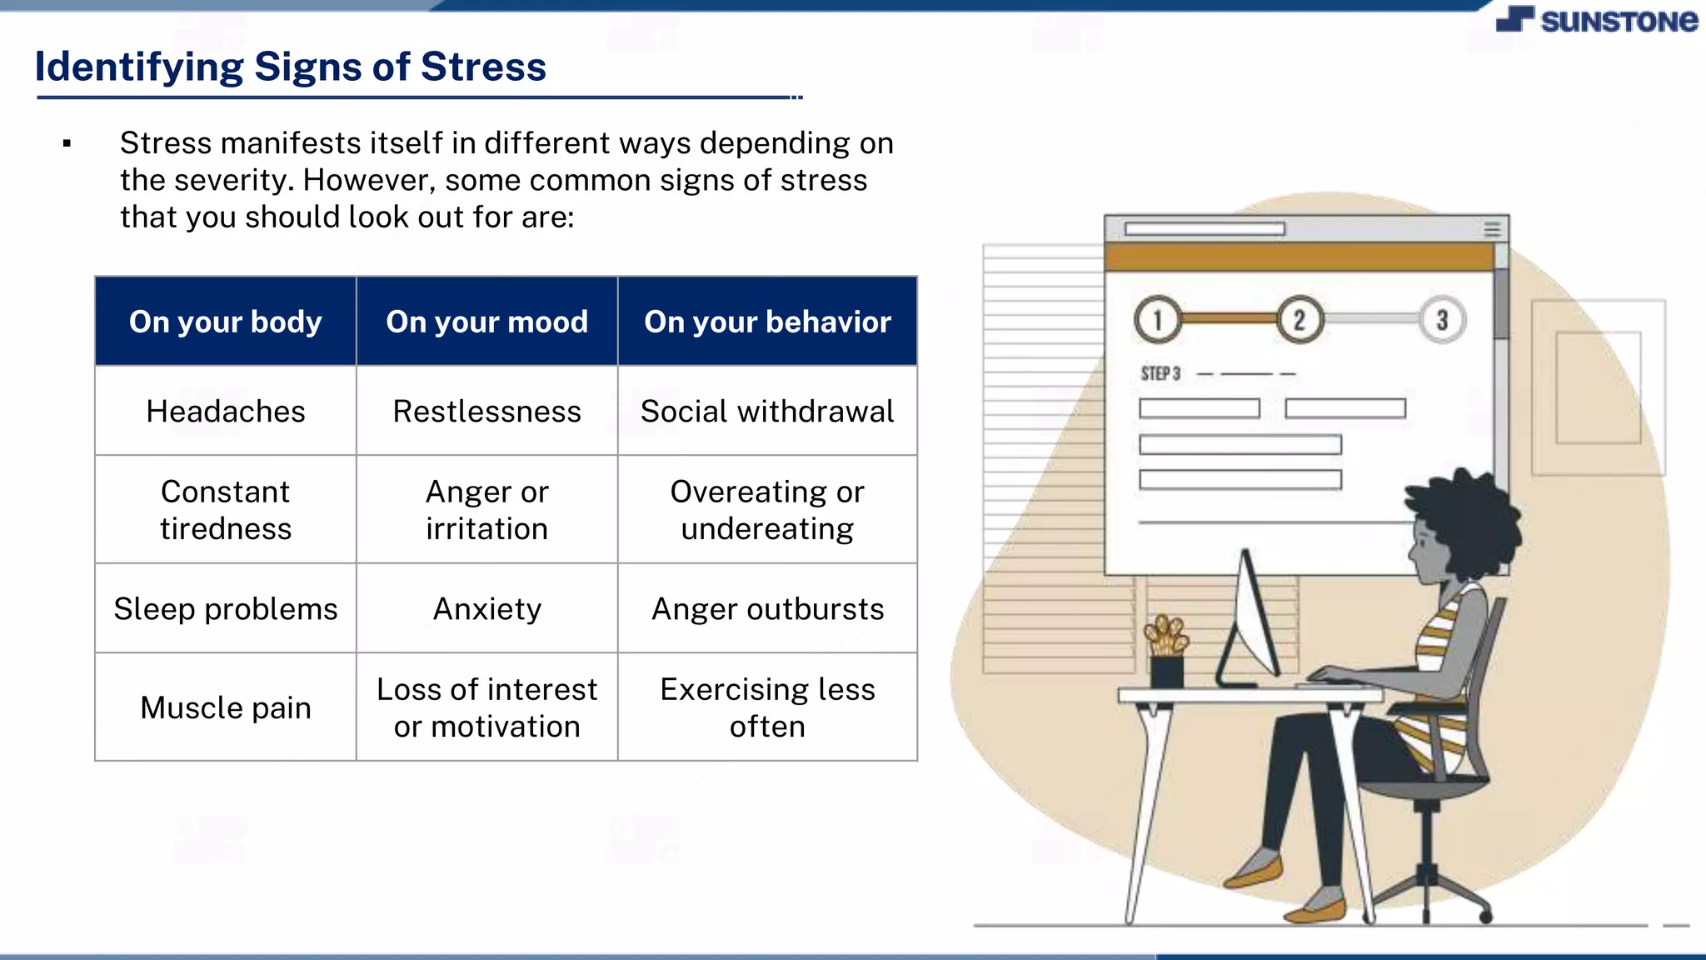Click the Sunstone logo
[x=1597, y=20]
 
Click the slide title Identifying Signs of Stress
[x=291, y=67]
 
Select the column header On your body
[x=226, y=322]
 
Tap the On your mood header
[x=487, y=322]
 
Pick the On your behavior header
[x=767, y=322]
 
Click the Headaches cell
[x=226, y=411]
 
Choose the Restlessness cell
[x=487, y=411]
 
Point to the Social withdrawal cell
[x=767, y=411]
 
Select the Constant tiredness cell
[x=226, y=510]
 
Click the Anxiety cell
[x=487, y=609]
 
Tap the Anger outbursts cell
[x=767, y=609]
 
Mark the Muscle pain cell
[x=226, y=707]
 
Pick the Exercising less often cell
[x=767, y=707]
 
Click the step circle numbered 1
[x=1157, y=319]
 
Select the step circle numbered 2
[x=1299, y=319]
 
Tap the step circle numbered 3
[x=1442, y=319]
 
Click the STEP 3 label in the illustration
[x=1160, y=373]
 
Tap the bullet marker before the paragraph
[x=67, y=144]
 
